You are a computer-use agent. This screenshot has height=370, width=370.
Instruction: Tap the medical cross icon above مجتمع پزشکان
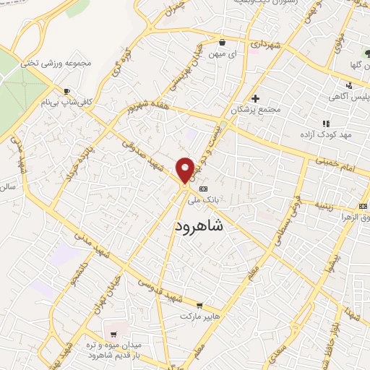click(x=254, y=98)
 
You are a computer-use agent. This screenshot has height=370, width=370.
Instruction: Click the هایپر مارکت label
click(x=200, y=316)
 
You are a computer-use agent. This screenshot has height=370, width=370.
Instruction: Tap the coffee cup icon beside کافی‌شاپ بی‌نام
click(x=66, y=91)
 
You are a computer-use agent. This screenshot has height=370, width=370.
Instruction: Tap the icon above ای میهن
click(x=223, y=43)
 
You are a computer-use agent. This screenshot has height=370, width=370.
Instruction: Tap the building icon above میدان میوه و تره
click(x=114, y=333)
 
